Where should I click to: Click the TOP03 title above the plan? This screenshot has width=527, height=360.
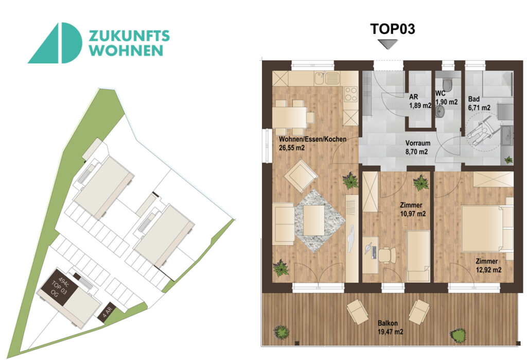tap(393, 29)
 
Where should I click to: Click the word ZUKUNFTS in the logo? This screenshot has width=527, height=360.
tap(129, 36)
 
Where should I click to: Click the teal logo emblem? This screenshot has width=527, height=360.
tap(55, 43)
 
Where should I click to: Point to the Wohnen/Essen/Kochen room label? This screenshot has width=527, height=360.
tap(312, 140)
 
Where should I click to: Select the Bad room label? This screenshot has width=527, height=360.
tap(473, 99)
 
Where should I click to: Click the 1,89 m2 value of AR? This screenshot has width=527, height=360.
tap(419, 106)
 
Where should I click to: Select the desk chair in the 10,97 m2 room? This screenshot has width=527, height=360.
tap(387, 254)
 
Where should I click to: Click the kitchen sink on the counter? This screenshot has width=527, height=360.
tap(329, 78)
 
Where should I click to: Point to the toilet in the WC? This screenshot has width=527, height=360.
tap(448, 84)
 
